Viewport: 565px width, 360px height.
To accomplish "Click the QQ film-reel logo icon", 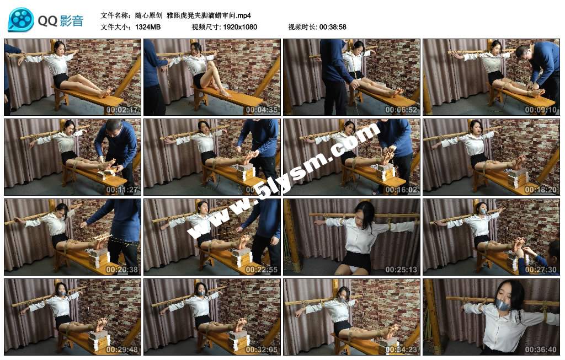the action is [21, 20].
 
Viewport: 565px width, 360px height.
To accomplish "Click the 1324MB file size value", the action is [148, 27].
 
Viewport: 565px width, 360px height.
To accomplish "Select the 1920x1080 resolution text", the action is [240, 27].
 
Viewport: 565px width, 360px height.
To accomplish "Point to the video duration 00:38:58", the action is [333, 27].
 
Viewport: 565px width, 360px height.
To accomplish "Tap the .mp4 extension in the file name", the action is [243, 15].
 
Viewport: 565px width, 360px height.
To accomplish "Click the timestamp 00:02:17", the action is [122, 110].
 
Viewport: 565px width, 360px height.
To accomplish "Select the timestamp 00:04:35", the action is [262, 110].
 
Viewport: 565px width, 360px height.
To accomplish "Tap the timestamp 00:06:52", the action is [401, 110].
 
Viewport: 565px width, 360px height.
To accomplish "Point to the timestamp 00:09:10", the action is [541, 110].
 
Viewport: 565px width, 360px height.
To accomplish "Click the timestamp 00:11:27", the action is [122, 190].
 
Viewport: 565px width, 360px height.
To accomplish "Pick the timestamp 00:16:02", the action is [401, 190].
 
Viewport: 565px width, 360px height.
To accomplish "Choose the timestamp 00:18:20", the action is [541, 190].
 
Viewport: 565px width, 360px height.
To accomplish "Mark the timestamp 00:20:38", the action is [122, 270].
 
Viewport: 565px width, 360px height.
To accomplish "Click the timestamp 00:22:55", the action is [262, 270].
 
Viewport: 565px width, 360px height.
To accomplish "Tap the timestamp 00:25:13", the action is [401, 270].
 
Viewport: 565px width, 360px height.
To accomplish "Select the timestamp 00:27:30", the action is [541, 270].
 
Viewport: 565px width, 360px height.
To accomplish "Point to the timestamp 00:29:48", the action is [122, 350].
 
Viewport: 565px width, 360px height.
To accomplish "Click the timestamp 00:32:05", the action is [262, 350].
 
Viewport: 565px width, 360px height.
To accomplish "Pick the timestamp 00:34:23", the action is [401, 350].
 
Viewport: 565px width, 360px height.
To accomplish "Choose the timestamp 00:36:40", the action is [541, 350].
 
